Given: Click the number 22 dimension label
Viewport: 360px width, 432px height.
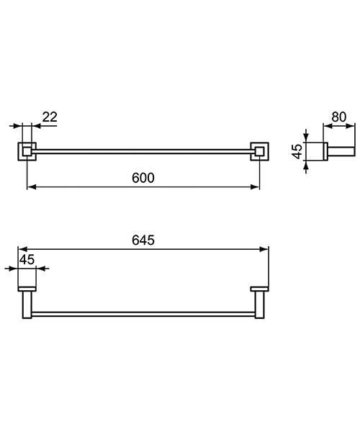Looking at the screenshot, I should (x=50, y=117).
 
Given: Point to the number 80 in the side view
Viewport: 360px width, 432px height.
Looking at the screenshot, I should (x=338, y=117).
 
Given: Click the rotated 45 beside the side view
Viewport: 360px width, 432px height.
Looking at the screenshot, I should (x=297, y=151).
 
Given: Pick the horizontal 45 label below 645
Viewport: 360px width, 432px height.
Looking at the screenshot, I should (x=27, y=259).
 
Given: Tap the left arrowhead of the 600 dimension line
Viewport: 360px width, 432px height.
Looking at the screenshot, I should (x=30, y=188).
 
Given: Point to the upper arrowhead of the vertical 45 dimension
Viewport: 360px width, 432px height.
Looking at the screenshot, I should (x=307, y=137).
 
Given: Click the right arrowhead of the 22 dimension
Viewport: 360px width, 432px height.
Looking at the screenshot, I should (x=35, y=125).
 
